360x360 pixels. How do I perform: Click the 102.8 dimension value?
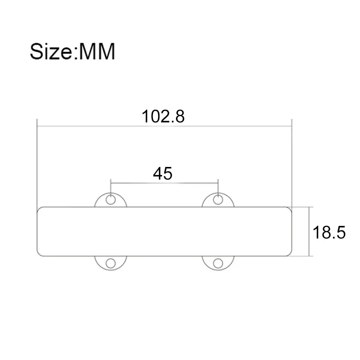pyautogui.click(x=163, y=117)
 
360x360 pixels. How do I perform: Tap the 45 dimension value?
pyautogui.click(x=162, y=173)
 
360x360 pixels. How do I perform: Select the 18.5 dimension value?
pyautogui.click(x=329, y=232)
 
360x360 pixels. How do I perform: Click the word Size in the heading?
pyautogui.click(x=51, y=52)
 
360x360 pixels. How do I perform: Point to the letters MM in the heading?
pyautogui.click(x=97, y=52)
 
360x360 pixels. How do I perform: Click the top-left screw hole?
pyautogui.click(x=111, y=200)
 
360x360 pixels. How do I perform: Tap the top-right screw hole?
pyautogui.click(x=218, y=200)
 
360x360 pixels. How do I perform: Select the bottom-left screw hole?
pyautogui.click(x=111, y=263)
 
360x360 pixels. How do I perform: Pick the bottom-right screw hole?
pyautogui.click(x=218, y=263)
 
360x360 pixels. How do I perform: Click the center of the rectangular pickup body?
pyautogui.click(x=164, y=231)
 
